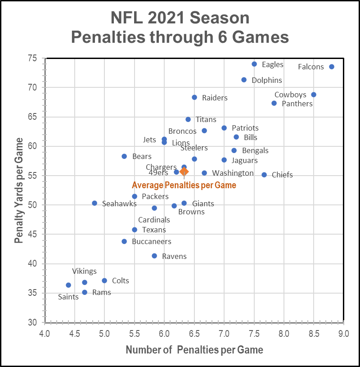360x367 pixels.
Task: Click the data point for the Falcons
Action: click(x=332, y=67)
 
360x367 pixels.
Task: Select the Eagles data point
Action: click(x=254, y=64)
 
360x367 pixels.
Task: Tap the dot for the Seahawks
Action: click(x=94, y=203)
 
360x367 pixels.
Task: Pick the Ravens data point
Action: click(x=154, y=256)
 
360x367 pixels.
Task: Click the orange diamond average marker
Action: click(x=184, y=172)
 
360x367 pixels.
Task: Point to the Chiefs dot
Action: click(x=264, y=175)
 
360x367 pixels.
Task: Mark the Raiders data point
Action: click(x=194, y=97)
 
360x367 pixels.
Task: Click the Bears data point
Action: click(x=124, y=156)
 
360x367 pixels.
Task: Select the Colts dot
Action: click(x=104, y=281)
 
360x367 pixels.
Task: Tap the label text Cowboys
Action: click(x=290, y=95)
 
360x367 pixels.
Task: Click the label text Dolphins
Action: click(x=267, y=80)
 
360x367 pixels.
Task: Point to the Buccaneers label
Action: click(x=152, y=241)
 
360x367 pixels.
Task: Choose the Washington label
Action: click(x=233, y=173)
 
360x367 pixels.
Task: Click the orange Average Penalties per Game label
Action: click(x=184, y=185)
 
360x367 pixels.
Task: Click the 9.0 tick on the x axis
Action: click(x=343, y=334)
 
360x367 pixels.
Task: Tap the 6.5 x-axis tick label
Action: click(x=194, y=334)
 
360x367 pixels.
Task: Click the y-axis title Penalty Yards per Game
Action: click(x=18, y=190)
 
